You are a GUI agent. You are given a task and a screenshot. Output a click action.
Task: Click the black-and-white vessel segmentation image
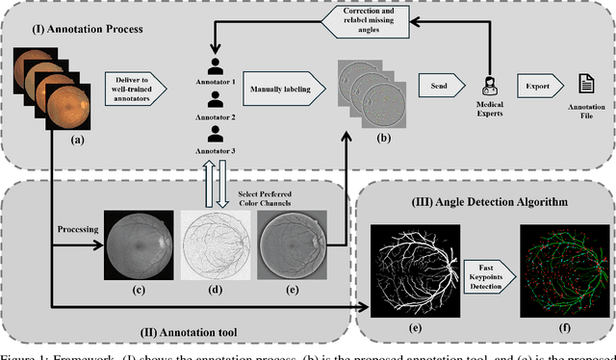[x=415, y=266]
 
